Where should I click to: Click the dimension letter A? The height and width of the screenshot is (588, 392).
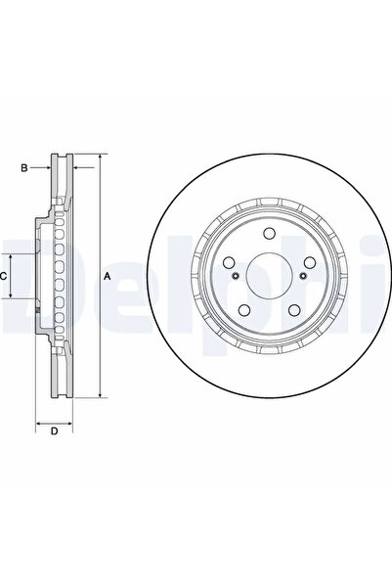109,278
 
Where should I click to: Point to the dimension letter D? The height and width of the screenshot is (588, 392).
55,430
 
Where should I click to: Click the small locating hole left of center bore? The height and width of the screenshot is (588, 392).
238,277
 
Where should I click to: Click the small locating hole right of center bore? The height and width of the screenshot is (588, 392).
303,277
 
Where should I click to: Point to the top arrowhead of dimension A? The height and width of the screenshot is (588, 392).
99,158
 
